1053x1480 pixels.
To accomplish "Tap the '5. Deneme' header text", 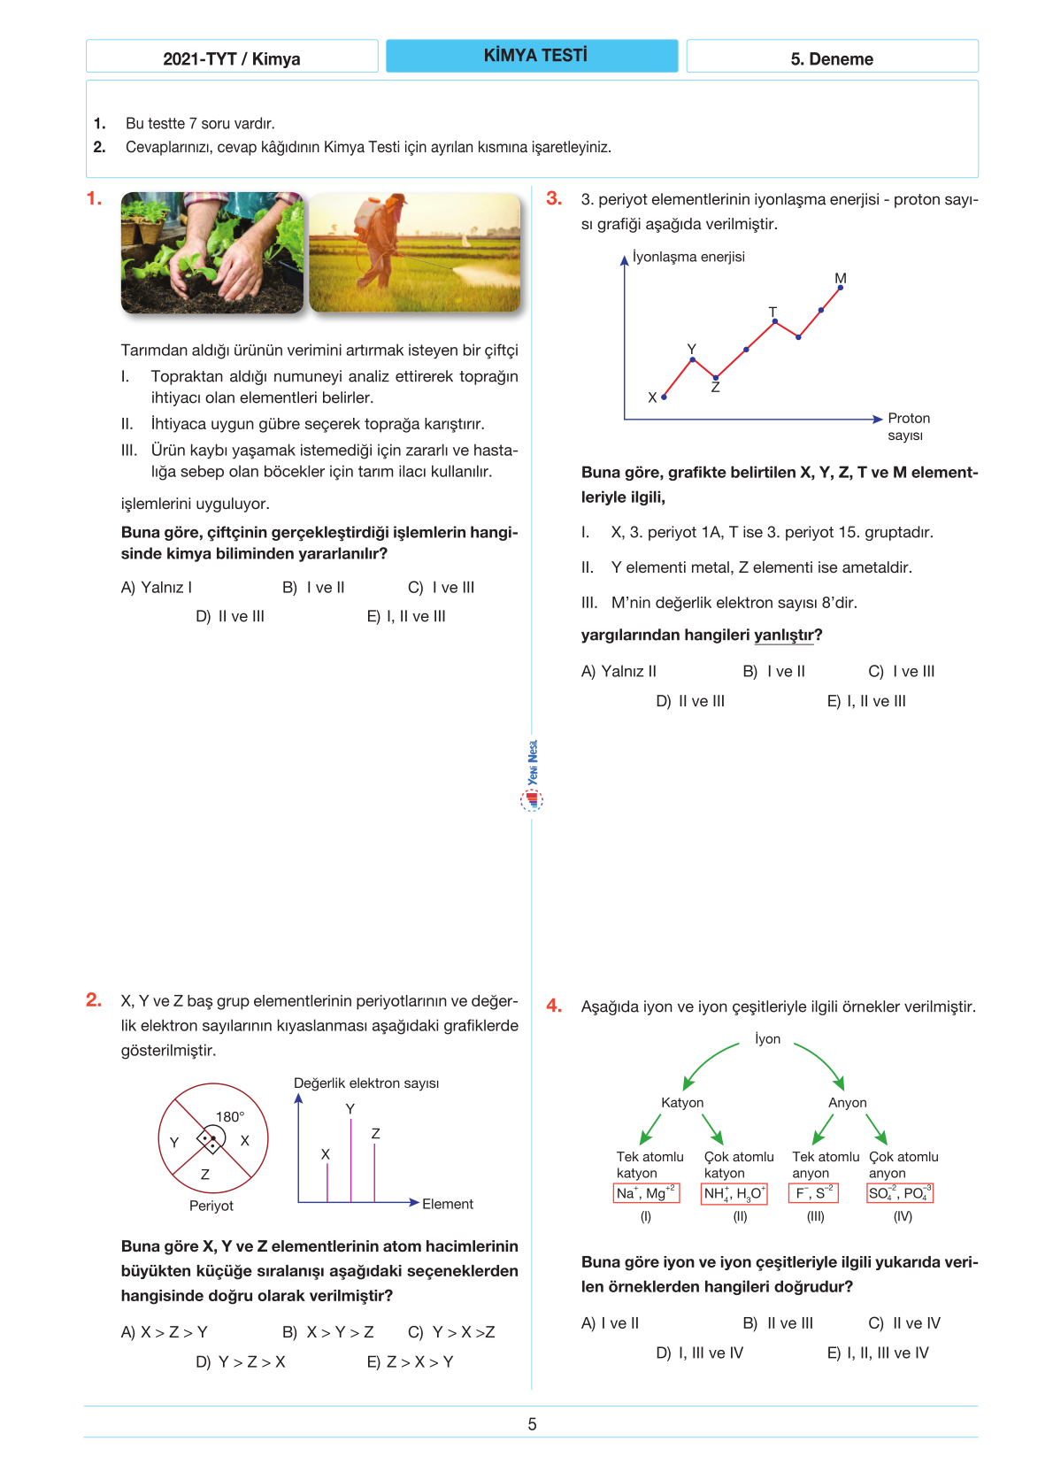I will pyautogui.click(x=832, y=59).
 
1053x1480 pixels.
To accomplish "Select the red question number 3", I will pyautogui.click(x=554, y=198).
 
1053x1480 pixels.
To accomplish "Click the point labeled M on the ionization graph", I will pyautogui.click(x=841, y=288).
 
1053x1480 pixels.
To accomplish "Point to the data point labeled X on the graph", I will pyautogui.click(x=664, y=397).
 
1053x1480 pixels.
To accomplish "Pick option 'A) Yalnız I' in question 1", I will pyautogui.click(x=157, y=588).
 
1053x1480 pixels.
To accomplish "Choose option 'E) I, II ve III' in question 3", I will pyautogui.click(x=866, y=701).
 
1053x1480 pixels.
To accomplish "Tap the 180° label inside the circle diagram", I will pyautogui.click(x=230, y=1117).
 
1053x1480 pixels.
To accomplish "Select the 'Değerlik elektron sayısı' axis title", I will pyautogui.click(x=366, y=1083).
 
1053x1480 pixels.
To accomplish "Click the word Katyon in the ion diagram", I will pyautogui.click(x=682, y=1103).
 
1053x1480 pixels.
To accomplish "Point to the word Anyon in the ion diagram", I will pyautogui.click(x=847, y=1103).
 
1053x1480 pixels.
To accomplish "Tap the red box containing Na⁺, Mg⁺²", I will pyautogui.click(x=646, y=1193).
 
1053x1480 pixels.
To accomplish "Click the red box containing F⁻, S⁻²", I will pyautogui.click(x=813, y=1193).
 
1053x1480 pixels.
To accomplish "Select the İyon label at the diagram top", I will pyautogui.click(x=767, y=1039).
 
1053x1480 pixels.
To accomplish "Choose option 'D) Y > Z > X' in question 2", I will pyautogui.click(x=241, y=1362).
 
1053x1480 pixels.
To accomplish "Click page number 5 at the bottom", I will pyautogui.click(x=532, y=1424).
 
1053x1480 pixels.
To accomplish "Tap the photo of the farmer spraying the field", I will pyautogui.click(x=414, y=253).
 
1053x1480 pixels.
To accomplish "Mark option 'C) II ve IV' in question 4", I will pyautogui.click(x=904, y=1323).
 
